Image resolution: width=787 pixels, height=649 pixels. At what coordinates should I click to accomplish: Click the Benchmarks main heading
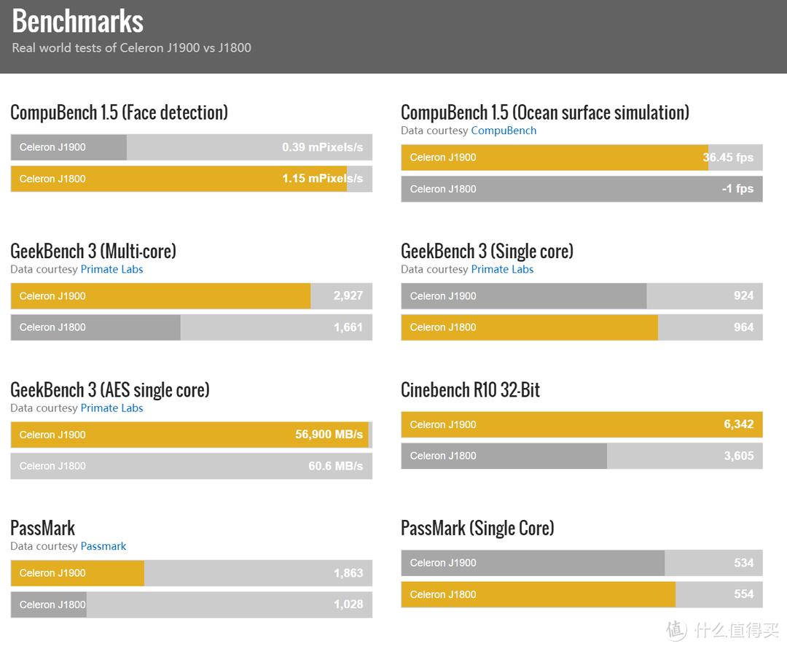click(78, 21)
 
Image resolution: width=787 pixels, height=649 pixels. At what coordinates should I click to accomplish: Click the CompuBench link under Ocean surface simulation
click(504, 131)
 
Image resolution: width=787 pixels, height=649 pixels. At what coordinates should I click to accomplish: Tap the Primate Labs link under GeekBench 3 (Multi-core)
click(111, 269)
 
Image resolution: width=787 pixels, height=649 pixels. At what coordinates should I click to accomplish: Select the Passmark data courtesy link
click(103, 546)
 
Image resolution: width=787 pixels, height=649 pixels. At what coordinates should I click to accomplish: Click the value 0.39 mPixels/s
click(322, 147)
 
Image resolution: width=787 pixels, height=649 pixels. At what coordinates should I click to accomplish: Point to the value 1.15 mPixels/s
click(322, 179)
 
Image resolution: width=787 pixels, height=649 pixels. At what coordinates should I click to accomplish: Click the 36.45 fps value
click(728, 158)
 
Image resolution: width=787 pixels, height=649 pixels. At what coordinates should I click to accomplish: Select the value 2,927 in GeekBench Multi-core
click(348, 296)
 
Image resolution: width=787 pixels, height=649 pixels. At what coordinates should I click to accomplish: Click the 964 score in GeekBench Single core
click(743, 327)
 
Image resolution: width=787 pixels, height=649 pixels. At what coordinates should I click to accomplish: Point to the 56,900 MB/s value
click(329, 435)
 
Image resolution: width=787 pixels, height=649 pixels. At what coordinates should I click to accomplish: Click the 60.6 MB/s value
click(335, 466)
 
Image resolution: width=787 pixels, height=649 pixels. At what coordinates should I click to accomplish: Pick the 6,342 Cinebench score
click(738, 424)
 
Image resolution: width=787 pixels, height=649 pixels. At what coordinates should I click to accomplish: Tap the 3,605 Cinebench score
click(738, 456)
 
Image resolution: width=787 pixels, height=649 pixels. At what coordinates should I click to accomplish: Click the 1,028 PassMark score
click(348, 605)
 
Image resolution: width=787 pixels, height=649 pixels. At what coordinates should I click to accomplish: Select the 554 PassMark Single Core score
click(743, 594)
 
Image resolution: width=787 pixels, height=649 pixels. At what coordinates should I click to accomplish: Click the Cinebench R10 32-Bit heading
click(470, 390)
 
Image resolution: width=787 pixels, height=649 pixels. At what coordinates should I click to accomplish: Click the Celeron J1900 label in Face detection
click(52, 147)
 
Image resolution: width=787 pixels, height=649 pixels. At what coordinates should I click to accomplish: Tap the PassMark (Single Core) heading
click(477, 528)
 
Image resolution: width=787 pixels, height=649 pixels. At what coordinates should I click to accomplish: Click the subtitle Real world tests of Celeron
click(131, 48)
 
